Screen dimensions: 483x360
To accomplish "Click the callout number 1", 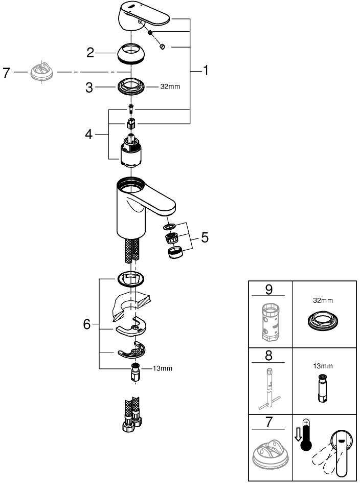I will [x=206, y=71].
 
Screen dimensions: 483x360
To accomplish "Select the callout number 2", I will [x=91, y=52].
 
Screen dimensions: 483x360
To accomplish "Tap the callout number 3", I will [x=89, y=87].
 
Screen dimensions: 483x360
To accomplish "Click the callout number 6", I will [x=87, y=324].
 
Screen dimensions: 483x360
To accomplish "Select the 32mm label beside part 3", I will [x=170, y=87].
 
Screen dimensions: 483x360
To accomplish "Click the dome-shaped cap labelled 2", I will [x=131, y=53].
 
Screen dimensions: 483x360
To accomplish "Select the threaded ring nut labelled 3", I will [x=131, y=86].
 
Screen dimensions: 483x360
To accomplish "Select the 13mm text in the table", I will [x=323, y=366].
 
